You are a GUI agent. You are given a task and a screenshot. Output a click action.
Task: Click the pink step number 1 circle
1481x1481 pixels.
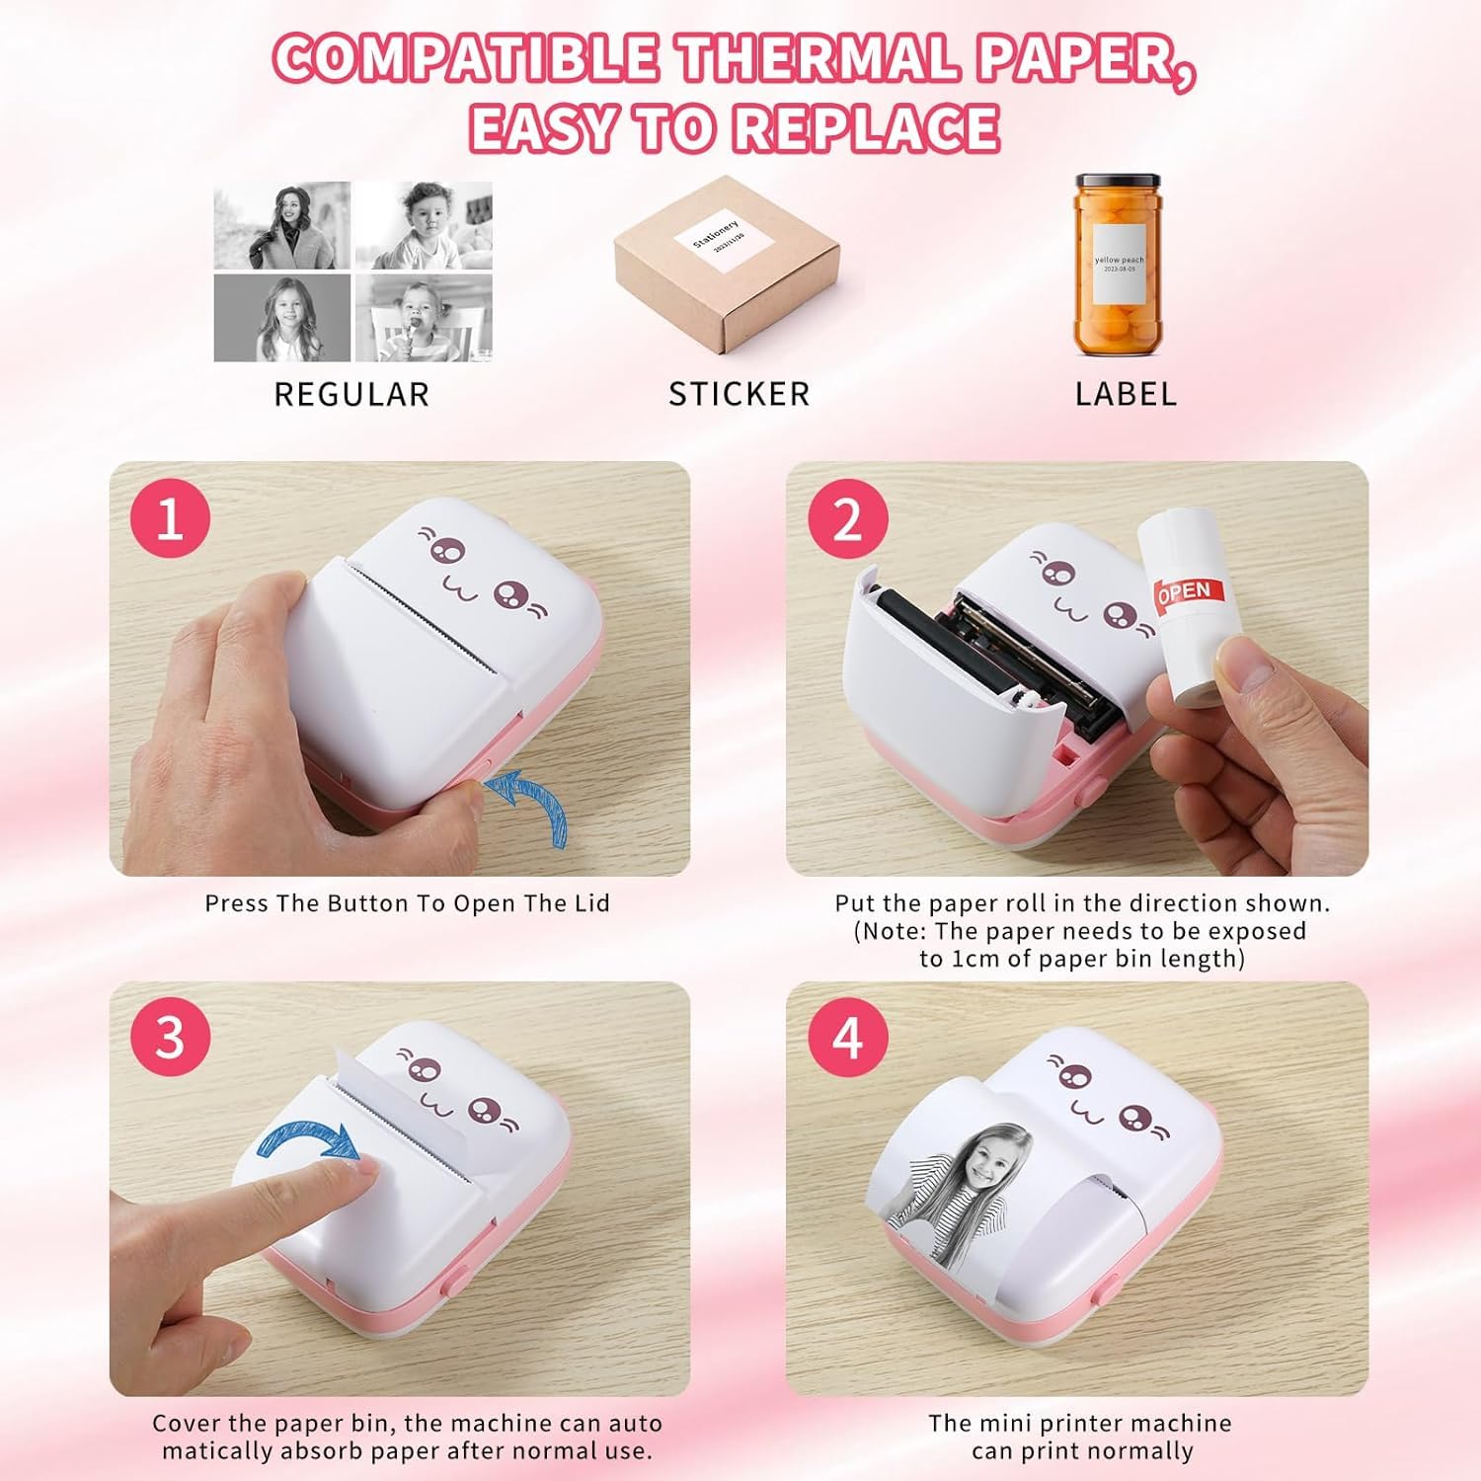click(170, 518)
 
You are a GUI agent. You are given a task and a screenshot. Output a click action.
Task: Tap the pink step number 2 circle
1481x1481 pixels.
click(847, 518)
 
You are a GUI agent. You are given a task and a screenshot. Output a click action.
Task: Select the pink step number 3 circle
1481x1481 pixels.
click(170, 1038)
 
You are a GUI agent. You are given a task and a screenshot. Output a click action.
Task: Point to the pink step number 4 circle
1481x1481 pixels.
click(847, 1038)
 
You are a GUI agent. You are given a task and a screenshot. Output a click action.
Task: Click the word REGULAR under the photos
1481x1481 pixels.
click(351, 395)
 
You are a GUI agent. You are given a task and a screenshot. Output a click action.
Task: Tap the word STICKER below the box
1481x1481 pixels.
click(739, 395)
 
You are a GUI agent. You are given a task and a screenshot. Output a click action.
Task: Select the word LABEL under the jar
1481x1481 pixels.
click(1126, 395)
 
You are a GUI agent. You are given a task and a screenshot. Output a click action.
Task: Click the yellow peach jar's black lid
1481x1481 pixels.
click(1118, 185)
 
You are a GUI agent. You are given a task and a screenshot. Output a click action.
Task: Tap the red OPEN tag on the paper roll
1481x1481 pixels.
click(1189, 591)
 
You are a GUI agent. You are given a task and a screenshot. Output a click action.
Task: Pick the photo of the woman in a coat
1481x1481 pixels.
click(282, 225)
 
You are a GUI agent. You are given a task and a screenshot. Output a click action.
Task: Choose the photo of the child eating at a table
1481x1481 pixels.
click(424, 318)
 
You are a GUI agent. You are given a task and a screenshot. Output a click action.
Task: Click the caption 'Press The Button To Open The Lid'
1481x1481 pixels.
click(407, 903)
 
